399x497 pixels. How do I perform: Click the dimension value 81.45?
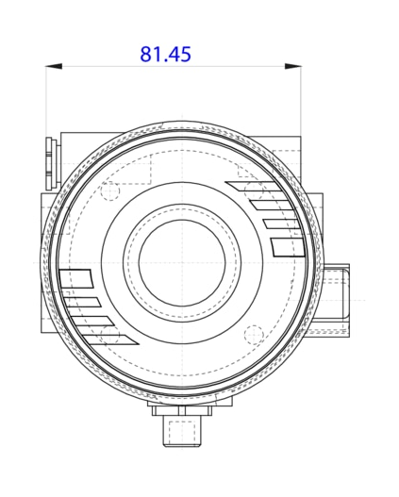tap(165, 54)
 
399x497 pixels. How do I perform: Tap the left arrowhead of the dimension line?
tap(54, 66)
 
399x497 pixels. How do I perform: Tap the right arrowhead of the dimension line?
tap(294, 66)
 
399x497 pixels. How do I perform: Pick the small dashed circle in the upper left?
tap(109, 191)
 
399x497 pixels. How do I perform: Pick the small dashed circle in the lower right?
tap(252, 333)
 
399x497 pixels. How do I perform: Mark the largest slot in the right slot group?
tap(287, 247)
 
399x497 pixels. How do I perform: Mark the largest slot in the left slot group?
tap(75, 279)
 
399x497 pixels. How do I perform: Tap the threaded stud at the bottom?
tap(181, 433)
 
